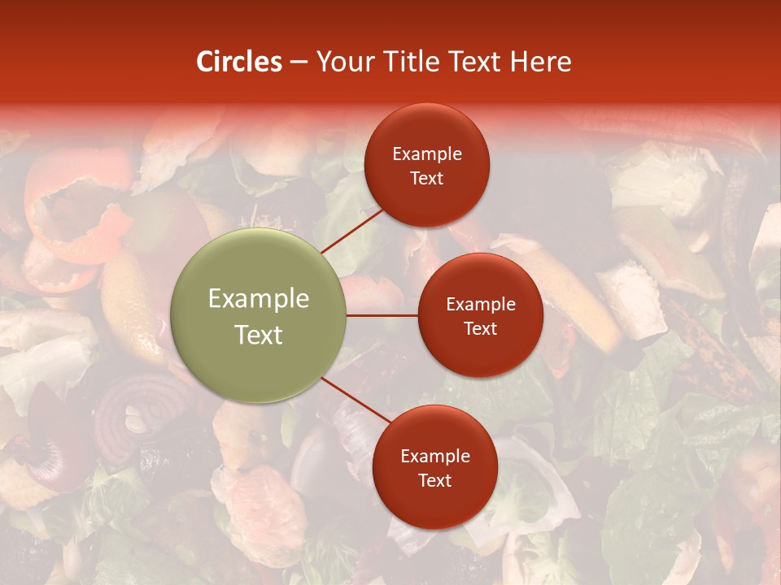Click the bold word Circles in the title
(238, 62)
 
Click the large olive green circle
(259, 315)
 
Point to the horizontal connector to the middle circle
(382, 315)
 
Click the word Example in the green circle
(259, 299)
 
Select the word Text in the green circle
(259, 335)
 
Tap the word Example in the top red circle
(426, 154)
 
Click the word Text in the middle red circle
(480, 328)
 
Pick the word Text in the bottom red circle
(434, 480)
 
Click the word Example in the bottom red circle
(434, 456)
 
